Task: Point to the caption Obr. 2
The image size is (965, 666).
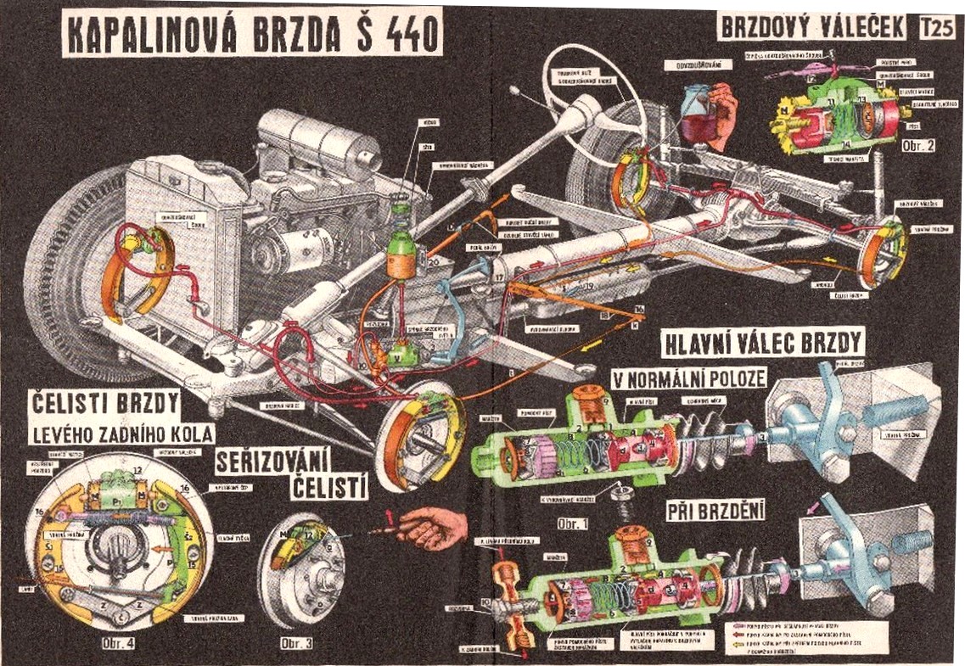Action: point(919,145)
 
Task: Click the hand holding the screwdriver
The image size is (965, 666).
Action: point(437,529)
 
